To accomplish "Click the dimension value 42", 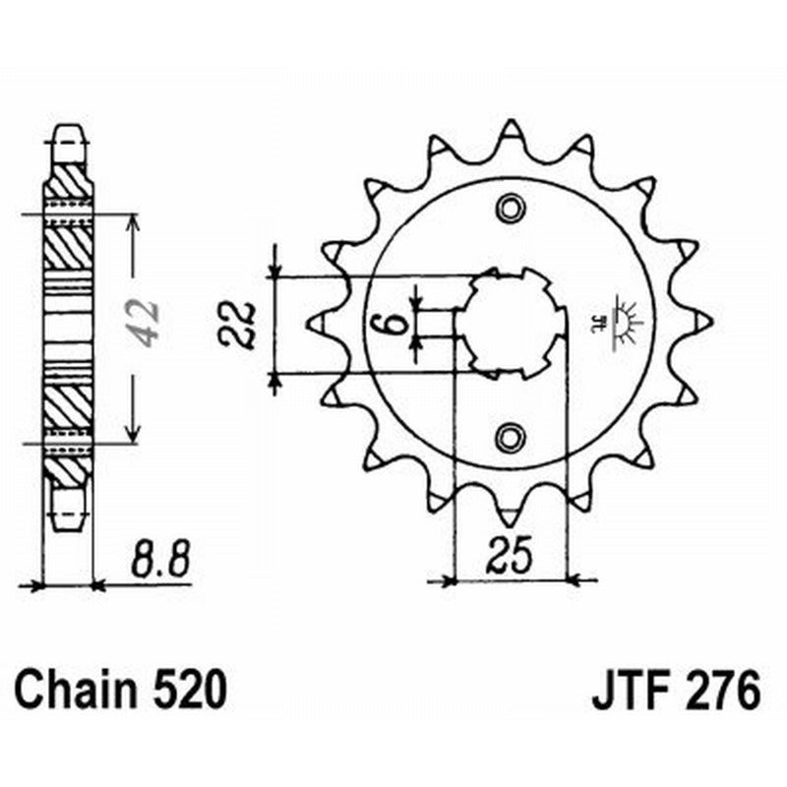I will tap(147, 323).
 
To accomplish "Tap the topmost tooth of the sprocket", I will tap(510, 134).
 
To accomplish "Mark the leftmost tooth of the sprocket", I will tap(320, 322).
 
